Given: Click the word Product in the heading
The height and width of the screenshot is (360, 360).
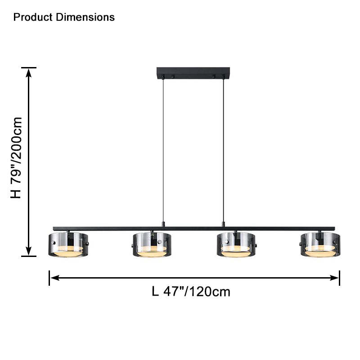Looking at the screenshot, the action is [x=33, y=17].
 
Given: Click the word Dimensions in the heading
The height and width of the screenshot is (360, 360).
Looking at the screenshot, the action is [x=85, y=17].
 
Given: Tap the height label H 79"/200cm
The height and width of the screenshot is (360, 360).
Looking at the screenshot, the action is [x=16, y=158].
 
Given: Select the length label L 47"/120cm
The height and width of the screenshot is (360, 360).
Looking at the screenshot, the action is [x=191, y=292].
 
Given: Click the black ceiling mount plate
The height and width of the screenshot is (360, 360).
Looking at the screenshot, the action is [x=193, y=73].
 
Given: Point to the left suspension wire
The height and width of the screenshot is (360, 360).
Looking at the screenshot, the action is [x=163, y=150].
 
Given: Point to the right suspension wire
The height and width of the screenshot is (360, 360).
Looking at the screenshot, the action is [x=223, y=150].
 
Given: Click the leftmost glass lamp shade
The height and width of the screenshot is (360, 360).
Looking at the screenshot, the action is [x=68, y=244].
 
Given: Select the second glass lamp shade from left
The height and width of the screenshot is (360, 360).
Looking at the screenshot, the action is [x=152, y=244].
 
